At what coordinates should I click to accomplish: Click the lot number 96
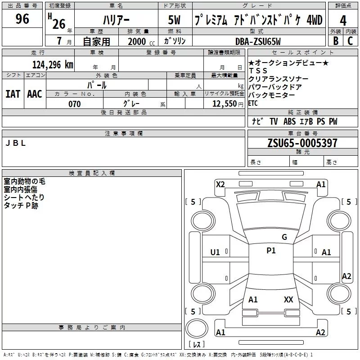22,19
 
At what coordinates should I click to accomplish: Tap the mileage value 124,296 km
53,65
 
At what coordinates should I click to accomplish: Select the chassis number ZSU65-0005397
302,143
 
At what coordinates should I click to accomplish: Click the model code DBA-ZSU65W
258,41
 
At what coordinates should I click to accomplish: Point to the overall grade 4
343,20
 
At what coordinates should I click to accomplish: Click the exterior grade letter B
336,41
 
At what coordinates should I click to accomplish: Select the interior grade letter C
350,41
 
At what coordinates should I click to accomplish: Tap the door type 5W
174,20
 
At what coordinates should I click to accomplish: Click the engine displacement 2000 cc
141,41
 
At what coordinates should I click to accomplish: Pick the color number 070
75,104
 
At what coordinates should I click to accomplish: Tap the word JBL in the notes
15,143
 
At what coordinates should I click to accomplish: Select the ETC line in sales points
253,103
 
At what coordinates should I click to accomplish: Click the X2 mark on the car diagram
220,184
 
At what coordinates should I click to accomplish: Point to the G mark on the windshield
284,237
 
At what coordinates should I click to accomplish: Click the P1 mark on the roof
271,251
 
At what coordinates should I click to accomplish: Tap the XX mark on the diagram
288,299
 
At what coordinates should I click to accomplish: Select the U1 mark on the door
215,252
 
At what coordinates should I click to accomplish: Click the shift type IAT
13,94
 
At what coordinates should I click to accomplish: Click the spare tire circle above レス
197,328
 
